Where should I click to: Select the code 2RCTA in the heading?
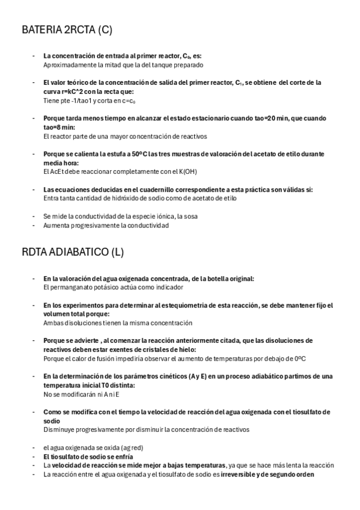click(x=78, y=29)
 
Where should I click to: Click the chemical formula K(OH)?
click(x=186, y=171)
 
